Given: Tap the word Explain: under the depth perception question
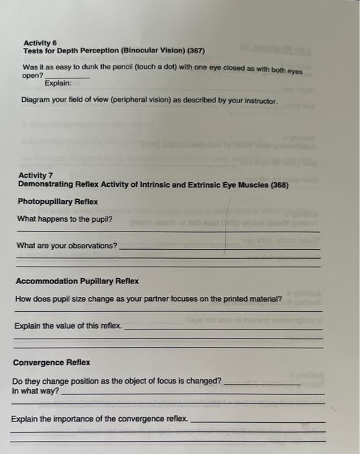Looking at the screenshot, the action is (58, 84).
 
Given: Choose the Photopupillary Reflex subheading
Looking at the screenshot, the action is (57, 201).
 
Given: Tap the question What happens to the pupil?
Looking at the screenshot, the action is (64, 219).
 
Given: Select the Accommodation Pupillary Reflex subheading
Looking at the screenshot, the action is (77, 281).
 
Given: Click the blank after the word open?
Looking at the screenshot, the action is (64, 77).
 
